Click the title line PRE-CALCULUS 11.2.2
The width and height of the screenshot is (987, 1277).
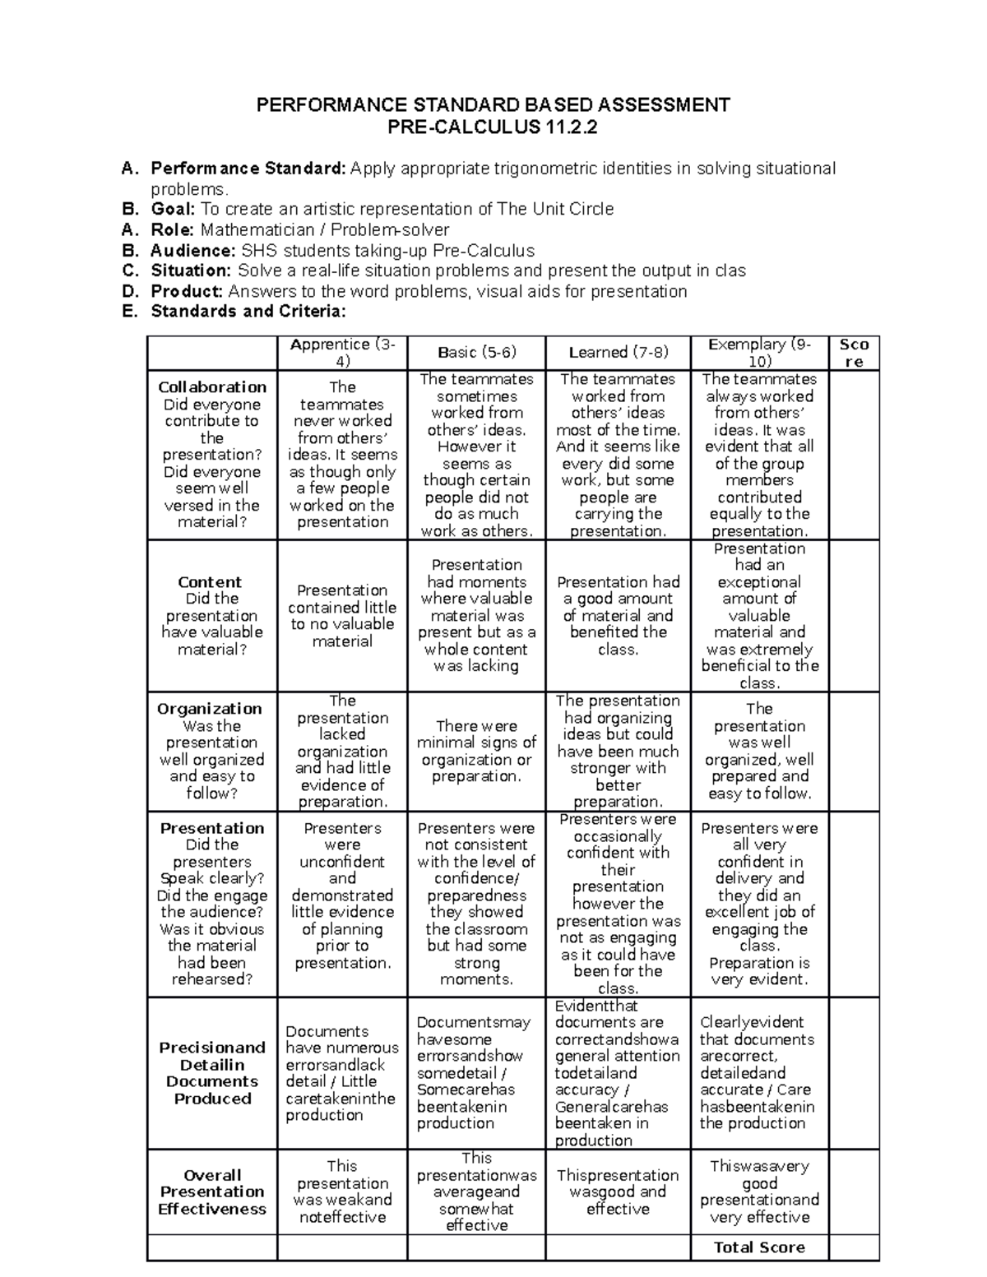493,127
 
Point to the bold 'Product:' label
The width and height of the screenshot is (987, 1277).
187,291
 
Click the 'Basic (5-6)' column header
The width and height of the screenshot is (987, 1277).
477,352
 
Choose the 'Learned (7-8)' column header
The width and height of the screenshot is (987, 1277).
618,352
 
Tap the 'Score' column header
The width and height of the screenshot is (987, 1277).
854,353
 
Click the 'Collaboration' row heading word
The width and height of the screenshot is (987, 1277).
212,387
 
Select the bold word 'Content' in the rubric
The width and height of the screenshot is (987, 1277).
210,582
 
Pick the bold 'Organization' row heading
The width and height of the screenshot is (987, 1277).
210,709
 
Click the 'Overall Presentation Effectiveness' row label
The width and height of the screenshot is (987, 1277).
212,1191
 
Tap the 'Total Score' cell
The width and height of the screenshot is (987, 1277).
759,1247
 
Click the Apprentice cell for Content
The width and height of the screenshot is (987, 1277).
342,615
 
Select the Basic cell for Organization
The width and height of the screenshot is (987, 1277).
476,751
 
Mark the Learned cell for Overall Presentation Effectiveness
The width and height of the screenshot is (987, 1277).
618,1191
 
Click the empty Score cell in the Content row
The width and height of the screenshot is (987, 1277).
854,615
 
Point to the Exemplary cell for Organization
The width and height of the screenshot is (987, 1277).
759,751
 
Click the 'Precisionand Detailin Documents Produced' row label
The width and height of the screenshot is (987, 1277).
212,1072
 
